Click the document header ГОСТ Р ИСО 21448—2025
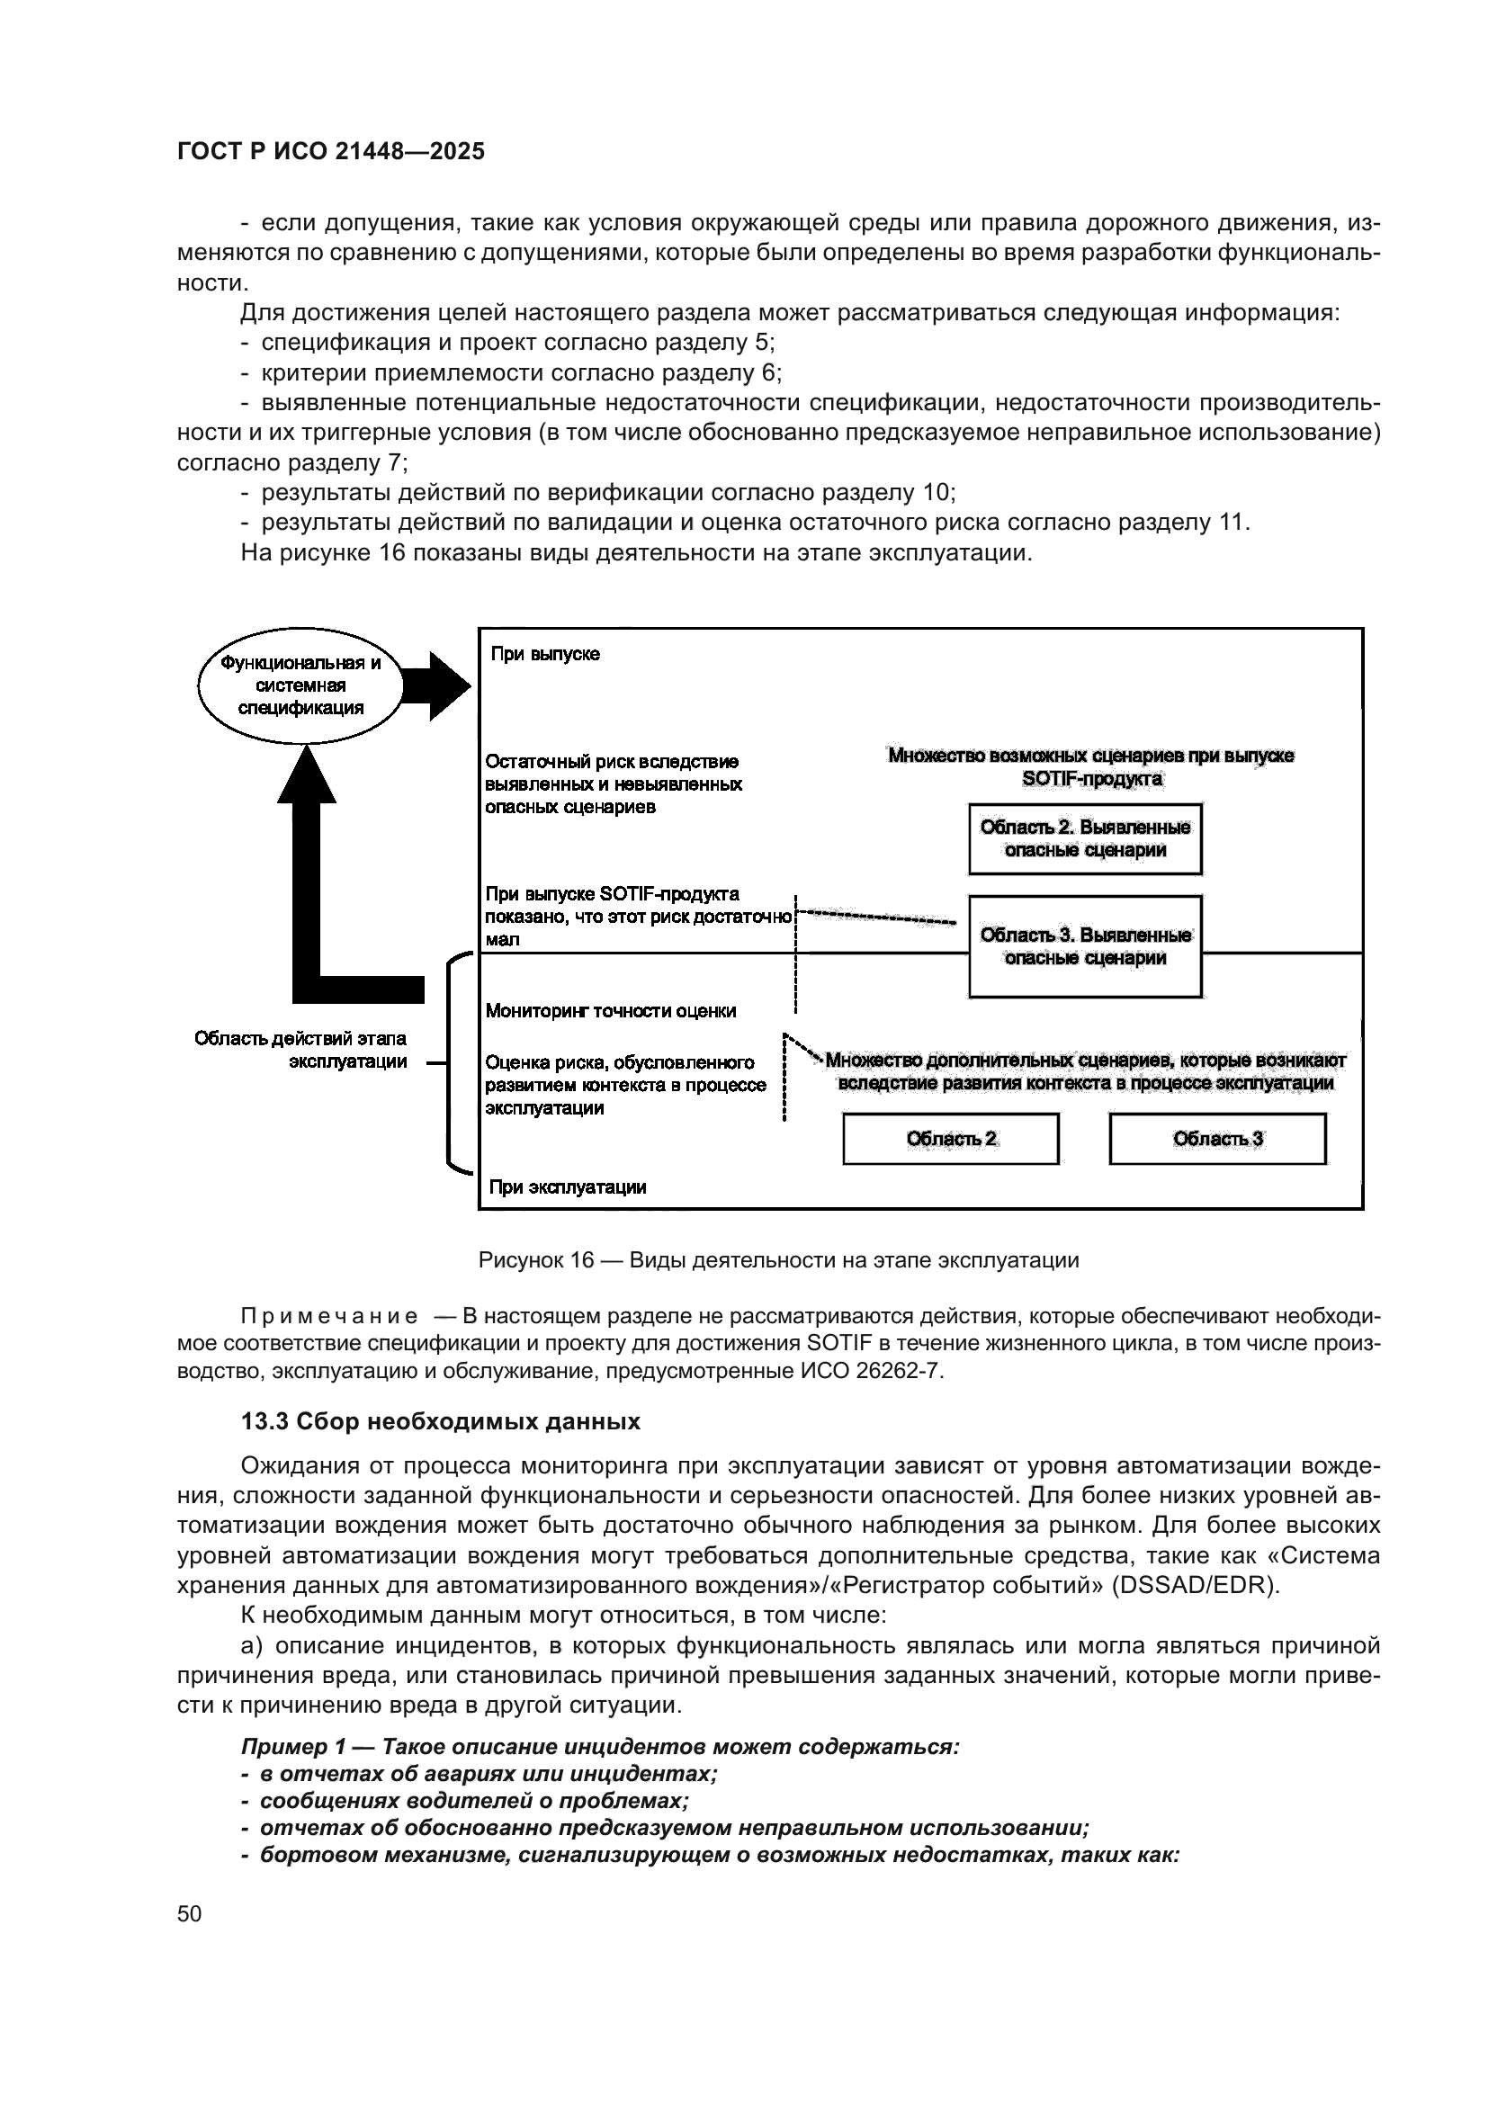[x=331, y=151]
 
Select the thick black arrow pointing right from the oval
[x=436, y=685]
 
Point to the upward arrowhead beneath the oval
[x=307, y=775]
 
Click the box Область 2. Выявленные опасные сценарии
[x=1085, y=838]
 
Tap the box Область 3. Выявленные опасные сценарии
[x=1085, y=945]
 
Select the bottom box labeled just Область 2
[x=951, y=1139]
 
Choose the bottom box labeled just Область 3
[x=1218, y=1139]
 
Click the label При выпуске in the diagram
[x=545, y=654]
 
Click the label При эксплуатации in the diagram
[x=567, y=1187]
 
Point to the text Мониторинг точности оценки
[x=610, y=1012]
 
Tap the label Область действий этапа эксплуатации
[x=300, y=1050]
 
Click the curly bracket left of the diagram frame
[x=451, y=1063]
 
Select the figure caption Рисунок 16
[x=778, y=1260]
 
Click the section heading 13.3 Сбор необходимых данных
[x=440, y=1421]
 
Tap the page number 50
[x=189, y=1913]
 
